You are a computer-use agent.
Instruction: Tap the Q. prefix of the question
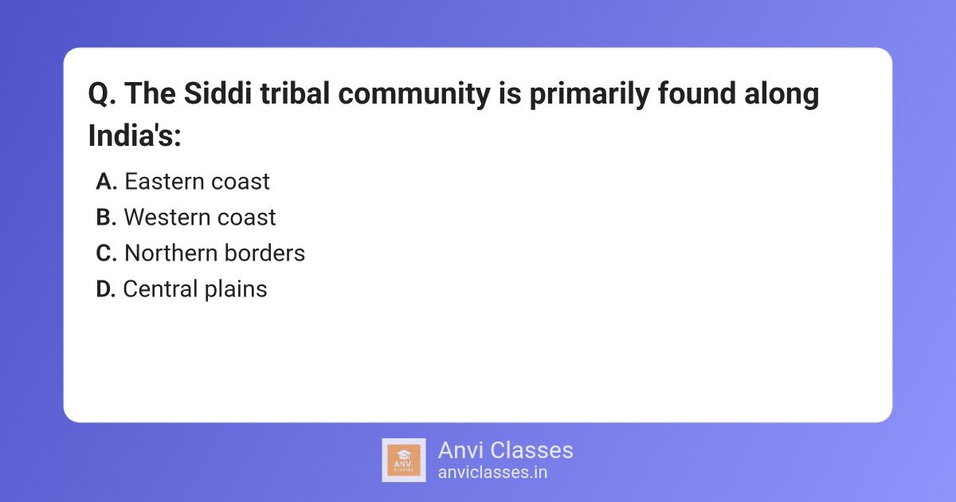click(102, 95)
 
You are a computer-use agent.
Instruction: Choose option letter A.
click(106, 182)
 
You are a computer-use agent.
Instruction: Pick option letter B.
click(106, 218)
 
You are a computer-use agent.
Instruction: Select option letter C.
click(106, 253)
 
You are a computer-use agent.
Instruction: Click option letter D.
click(106, 289)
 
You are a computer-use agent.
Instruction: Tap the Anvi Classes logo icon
click(404, 460)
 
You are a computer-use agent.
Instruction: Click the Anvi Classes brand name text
click(505, 450)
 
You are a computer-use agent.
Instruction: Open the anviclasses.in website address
click(492, 472)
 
